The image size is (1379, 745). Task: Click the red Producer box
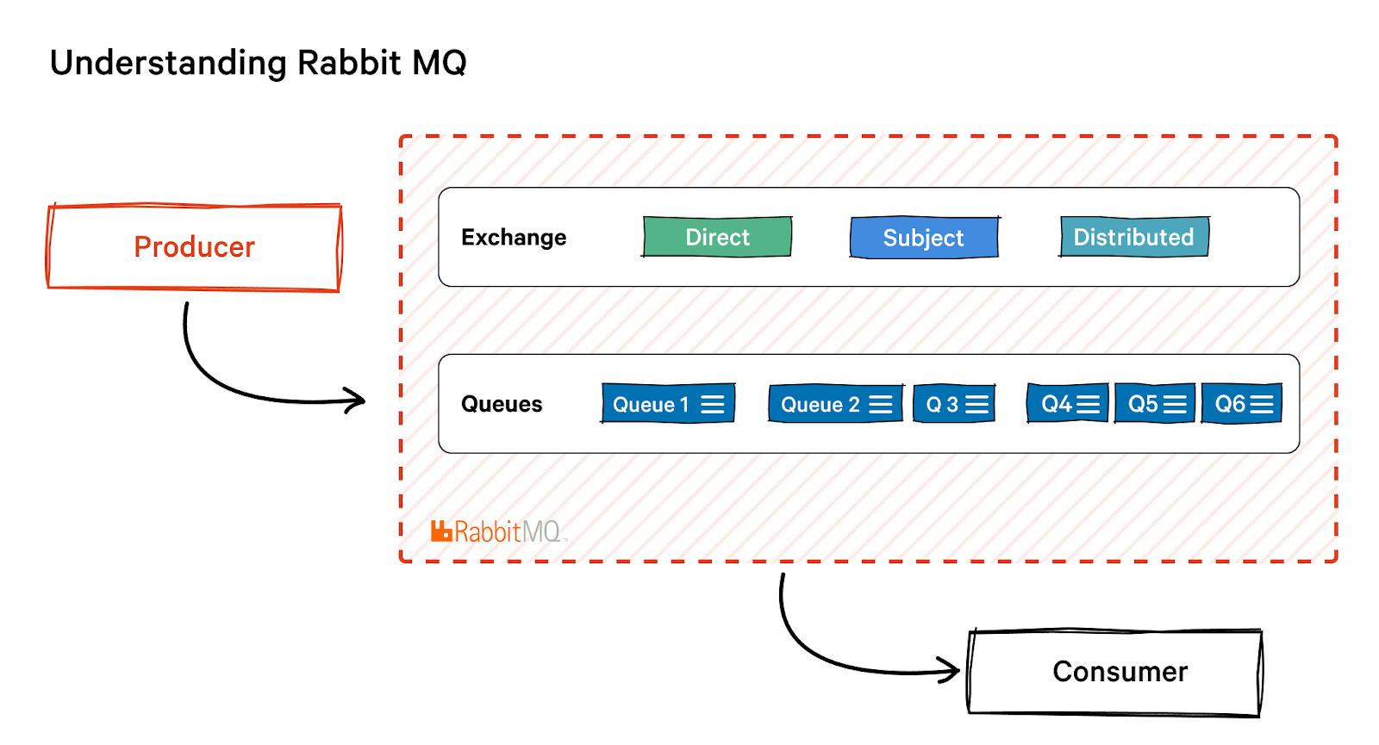click(x=194, y=247)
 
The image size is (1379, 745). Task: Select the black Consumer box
click(x=1115, y=672)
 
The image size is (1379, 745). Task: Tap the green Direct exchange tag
click(x=717, y=237)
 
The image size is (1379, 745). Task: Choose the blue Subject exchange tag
click(x=924, y=238)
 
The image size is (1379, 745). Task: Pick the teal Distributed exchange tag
click(x=1134, y=237)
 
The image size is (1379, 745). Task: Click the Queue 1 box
click(x=668, y=404)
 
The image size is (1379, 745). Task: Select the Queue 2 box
click(x=835, y=404)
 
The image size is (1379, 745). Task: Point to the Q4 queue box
click(x=1068, y=404)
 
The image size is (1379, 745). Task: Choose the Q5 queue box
click(x=1155, y=404)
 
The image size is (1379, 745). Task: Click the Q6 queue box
click(x=1242, y=404)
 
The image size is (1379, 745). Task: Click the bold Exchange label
click(x=514, y=238)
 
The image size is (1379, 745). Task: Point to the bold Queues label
click(x=502, y=405)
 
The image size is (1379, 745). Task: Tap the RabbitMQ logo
click(x=496, y=531)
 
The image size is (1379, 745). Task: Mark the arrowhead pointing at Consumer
click(x=951, y=670)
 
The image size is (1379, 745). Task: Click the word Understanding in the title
click(x=168, y=64)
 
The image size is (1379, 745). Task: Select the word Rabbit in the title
click(x=349, y=63)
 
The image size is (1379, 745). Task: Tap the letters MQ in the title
click(x=440, y=63)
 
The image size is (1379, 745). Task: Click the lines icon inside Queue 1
click(x=713, y=404)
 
